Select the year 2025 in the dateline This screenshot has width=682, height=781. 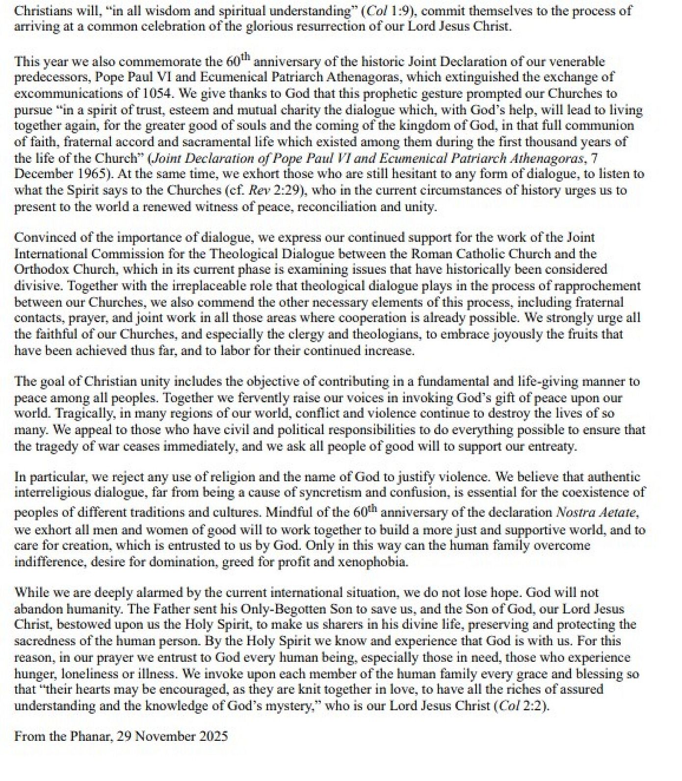click(214, 736)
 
